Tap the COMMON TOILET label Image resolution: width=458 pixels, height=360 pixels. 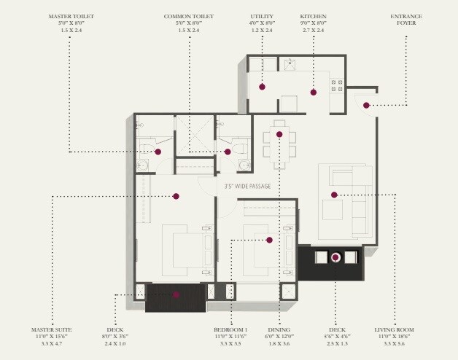189,15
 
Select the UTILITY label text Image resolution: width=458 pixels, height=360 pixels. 262,15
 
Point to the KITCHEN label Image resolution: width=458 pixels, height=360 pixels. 313,15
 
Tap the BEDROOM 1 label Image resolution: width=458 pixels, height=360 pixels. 230,329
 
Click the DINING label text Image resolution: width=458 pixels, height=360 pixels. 279,329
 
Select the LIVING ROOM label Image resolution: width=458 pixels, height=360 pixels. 397,329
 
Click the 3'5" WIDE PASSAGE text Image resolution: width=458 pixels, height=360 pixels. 248,187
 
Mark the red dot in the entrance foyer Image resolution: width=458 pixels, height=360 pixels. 367,106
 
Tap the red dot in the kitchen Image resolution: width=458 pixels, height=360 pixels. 314,92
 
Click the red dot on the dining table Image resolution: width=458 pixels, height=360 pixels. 279,134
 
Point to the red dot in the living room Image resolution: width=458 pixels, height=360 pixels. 334,195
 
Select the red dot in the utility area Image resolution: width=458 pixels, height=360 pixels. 263,87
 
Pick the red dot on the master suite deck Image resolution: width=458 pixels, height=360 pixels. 176,295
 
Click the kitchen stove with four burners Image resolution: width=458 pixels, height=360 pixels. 337,85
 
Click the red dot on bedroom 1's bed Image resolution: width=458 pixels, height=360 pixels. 269,240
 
